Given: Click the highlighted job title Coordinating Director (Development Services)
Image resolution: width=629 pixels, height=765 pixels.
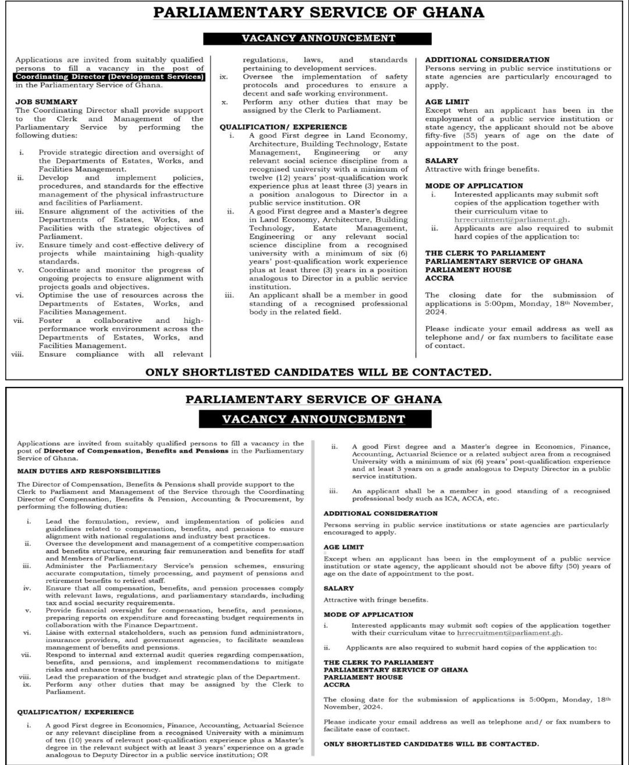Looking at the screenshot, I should (x=110, y=76).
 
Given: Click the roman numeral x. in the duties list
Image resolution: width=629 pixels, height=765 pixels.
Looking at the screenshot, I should (x=223, y=101).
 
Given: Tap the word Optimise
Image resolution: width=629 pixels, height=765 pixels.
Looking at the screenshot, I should (x=58, y=296).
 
